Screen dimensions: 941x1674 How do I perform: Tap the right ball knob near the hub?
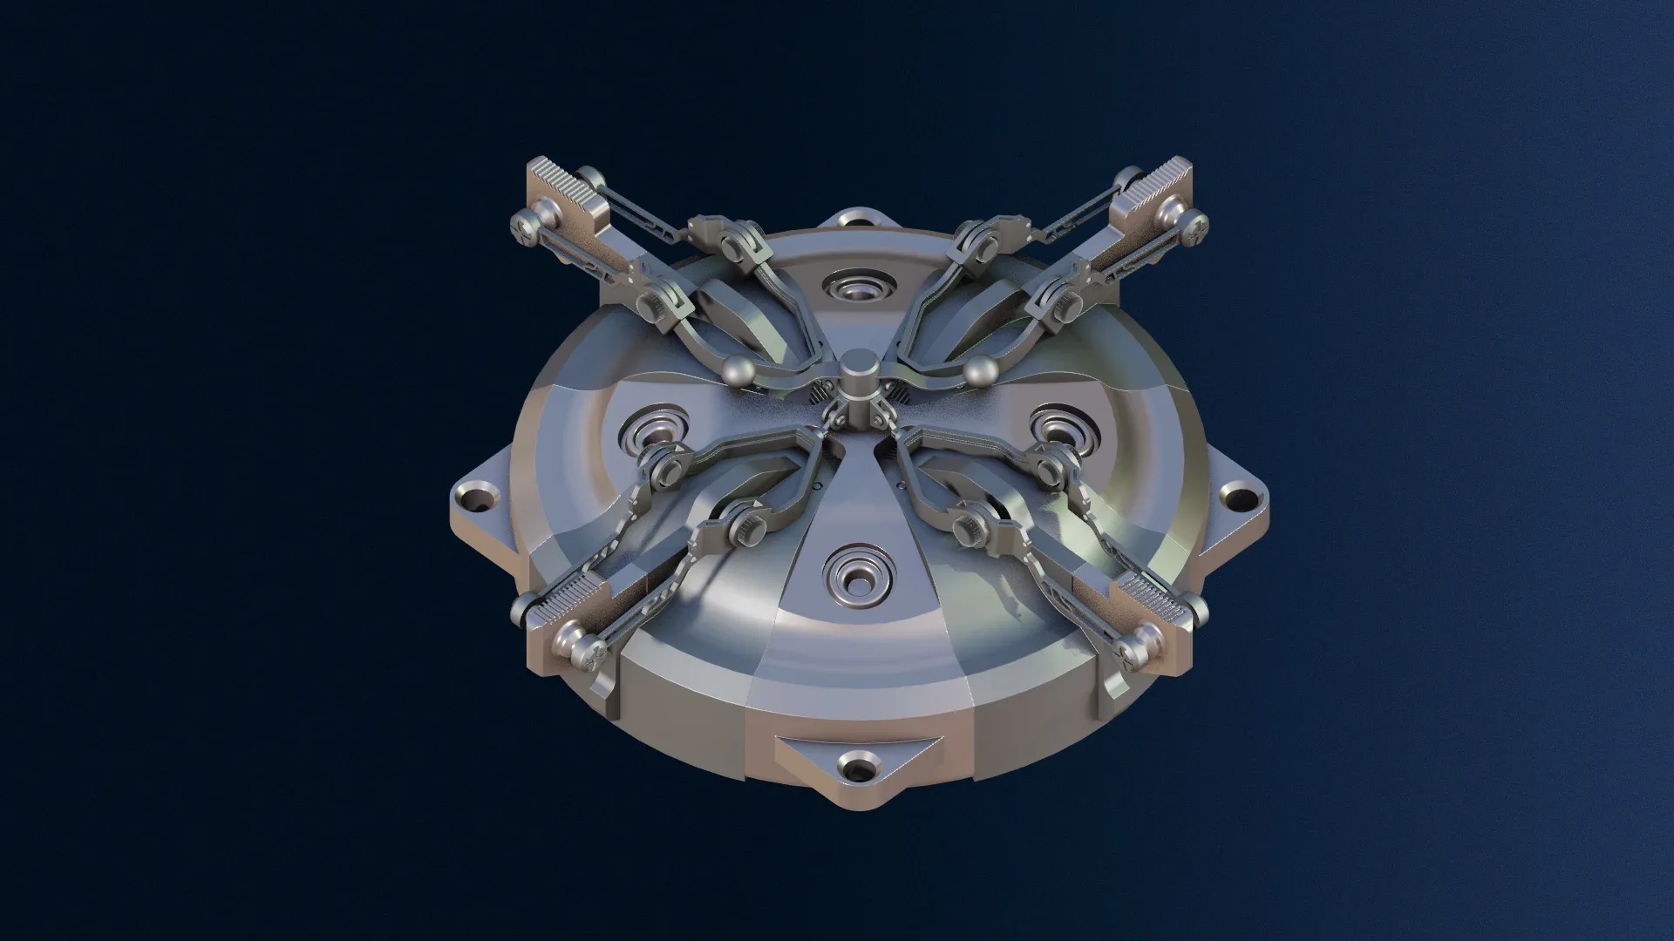pyautogui.click(x=981, y=370)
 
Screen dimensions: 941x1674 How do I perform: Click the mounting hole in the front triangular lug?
pyautogui.click(x=856, y=768)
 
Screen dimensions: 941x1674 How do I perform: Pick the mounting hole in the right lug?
pyautogui.click(x=1236, y=499)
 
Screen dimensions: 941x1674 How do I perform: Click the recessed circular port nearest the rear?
pyautogui.click(x=858, y=287)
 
